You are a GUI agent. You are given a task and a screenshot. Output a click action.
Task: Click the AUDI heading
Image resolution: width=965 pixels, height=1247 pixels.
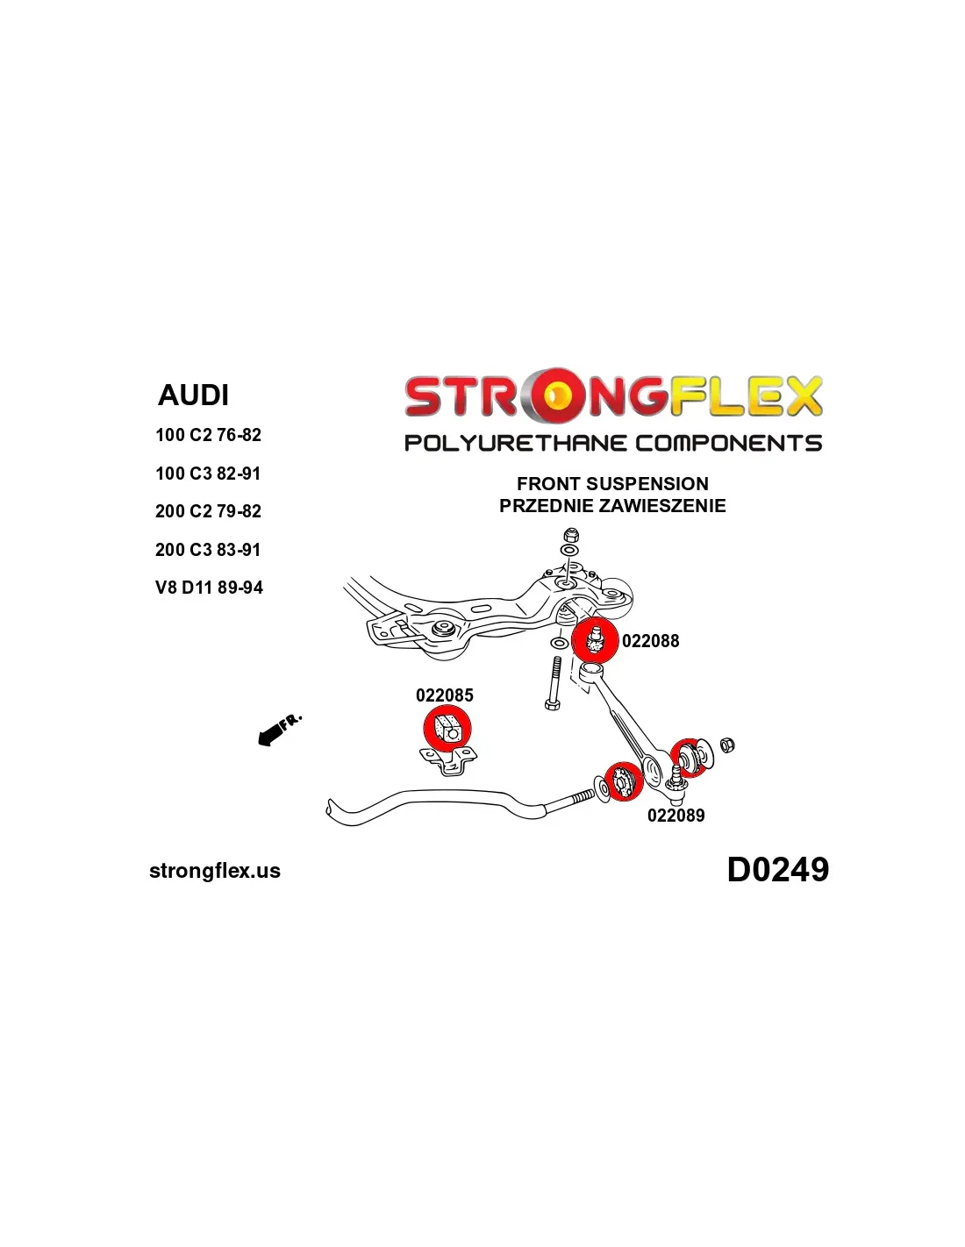193,395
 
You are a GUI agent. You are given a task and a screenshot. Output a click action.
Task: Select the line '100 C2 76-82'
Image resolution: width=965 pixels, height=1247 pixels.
208,435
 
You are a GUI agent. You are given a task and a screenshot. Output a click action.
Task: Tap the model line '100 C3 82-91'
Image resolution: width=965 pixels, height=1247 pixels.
208,474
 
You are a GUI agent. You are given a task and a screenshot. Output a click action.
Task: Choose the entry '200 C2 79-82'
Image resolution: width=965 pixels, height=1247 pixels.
208,511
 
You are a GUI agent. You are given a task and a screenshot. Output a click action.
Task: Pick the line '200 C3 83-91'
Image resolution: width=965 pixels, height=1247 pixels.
208,550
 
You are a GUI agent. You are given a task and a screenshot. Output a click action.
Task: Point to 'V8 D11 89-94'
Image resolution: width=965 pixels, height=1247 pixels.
209,588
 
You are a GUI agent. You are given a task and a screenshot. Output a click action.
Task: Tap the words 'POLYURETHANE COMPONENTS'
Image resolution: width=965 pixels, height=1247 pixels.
612,443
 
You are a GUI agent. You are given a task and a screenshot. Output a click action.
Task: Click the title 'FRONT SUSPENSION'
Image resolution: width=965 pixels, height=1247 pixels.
612,484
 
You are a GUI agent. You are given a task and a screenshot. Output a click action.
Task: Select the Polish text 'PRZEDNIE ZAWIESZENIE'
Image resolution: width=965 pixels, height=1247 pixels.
612,506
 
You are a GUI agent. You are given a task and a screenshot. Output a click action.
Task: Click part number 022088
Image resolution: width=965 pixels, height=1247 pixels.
650,641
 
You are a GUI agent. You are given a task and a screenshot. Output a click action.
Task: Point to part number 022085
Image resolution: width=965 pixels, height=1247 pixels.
444,695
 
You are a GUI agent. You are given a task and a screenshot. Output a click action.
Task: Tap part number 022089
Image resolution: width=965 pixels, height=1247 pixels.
675,816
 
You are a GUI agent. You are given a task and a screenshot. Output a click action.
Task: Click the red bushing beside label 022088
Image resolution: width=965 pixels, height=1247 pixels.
595,640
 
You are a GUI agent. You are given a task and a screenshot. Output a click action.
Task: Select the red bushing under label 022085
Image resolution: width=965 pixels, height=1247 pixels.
447,729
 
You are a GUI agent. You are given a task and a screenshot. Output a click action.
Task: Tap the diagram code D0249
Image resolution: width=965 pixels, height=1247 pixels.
777,870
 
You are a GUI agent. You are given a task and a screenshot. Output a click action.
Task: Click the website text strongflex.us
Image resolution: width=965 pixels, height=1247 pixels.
215,871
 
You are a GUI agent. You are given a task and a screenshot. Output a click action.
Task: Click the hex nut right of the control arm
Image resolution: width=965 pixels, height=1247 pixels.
727,745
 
